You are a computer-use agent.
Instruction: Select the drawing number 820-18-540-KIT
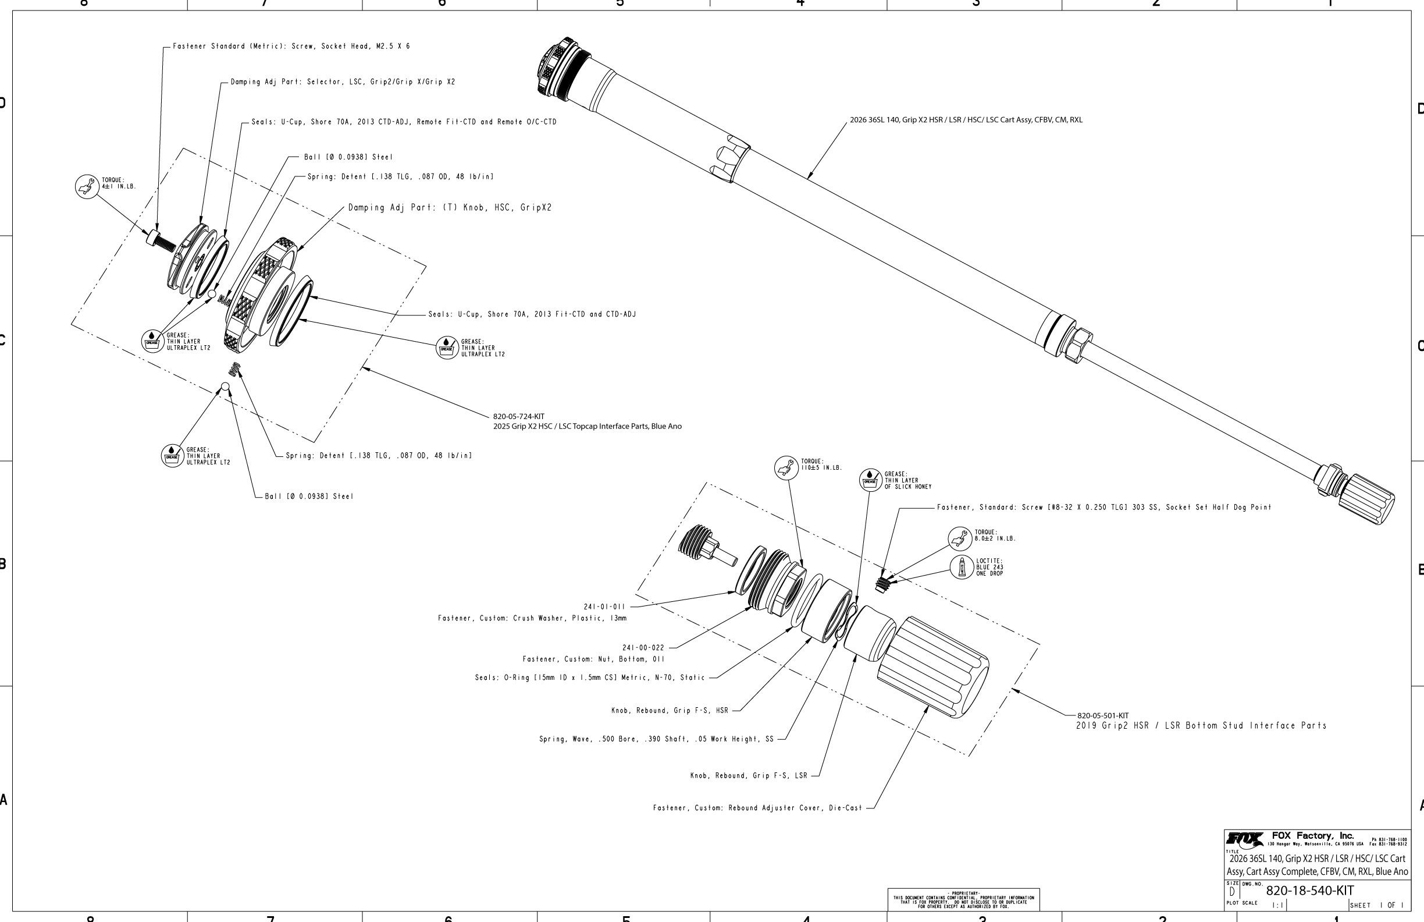[1309, 890]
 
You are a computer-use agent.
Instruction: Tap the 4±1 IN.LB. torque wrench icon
[87, 187]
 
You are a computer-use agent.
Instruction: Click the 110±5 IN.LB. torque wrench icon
[786, 467]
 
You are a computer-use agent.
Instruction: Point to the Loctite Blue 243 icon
[962, 567]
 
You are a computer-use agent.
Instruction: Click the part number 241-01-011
[604, 607]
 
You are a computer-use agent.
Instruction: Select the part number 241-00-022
[643, 648]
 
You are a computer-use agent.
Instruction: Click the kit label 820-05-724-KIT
[518, 416]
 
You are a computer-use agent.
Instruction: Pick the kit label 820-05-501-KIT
[1103, 715]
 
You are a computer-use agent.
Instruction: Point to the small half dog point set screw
[881, 583]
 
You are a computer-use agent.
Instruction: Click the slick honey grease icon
[871, 480]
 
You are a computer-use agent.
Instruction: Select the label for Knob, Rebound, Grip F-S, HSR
[670, 711]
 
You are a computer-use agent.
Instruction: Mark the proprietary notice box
[963, 899]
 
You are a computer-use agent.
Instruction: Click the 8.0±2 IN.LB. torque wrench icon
[960, 538]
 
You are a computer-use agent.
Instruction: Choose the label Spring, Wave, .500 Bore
[656, 739]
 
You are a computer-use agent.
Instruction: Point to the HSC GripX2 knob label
[449, 208]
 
